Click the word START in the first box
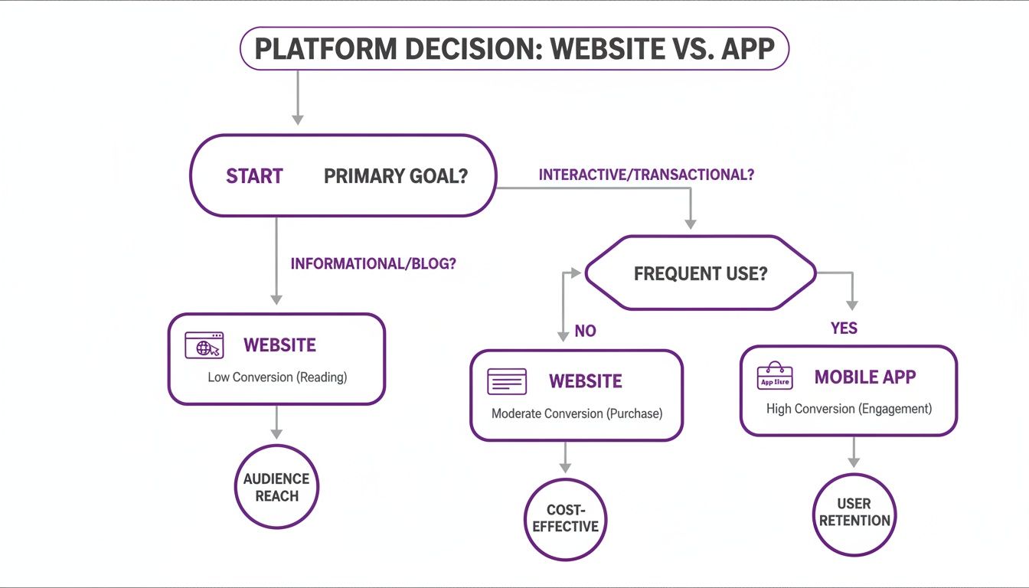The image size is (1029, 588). pos(254,176)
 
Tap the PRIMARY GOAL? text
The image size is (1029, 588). pos(395,176)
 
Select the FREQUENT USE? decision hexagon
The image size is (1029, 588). pos(700,273)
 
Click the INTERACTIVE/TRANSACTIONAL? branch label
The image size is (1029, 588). pos(646,175)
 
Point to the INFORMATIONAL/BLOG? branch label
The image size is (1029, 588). pos(373,263)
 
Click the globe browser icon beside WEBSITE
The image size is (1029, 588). pos(204,345)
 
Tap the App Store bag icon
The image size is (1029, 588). pos(775,377)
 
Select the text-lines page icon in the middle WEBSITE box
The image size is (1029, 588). pos(507,381)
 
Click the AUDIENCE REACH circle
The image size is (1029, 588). pos(276,487)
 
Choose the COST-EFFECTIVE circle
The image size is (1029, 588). pos(565,518)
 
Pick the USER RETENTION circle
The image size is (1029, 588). pos(854,512)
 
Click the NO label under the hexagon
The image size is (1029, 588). pos(585,332)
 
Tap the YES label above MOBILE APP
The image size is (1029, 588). pos(844,328)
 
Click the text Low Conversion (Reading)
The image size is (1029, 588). pos(277,377)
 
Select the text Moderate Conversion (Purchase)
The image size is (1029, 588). pos(577,413)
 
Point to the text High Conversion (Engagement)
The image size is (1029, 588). pos(848,409)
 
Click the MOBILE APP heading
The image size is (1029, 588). pos(865,377)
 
